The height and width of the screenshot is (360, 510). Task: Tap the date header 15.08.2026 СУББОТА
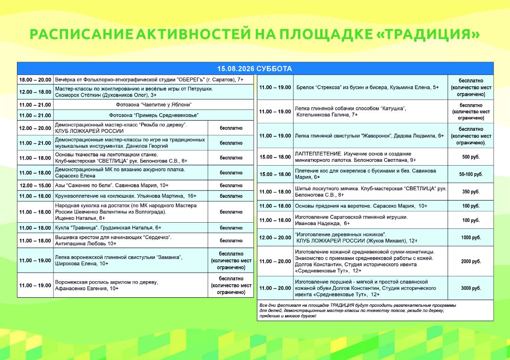point(255,69)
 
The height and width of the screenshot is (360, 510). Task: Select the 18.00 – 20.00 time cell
point(35,80)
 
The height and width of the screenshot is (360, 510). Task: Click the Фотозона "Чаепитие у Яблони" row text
point(154,105)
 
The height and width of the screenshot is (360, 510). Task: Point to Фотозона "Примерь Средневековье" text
point(154,115)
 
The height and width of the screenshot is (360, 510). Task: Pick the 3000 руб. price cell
point(471,288)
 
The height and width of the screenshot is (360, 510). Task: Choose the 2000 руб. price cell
point(471,261)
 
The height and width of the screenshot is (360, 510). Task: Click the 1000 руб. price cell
point(471,237)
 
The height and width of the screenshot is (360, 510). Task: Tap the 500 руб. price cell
point(471,157)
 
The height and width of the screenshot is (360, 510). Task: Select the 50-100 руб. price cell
point(471,175)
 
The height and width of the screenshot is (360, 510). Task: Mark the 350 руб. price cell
point(471,192)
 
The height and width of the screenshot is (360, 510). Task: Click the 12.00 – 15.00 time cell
point(35,185)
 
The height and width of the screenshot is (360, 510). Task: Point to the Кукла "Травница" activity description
point(108,228)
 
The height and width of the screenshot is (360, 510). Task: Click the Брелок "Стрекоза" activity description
point(367,87)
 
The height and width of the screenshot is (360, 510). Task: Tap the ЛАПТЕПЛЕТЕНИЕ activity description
point(356,157)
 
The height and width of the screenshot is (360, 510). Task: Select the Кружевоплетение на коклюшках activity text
point(126,196)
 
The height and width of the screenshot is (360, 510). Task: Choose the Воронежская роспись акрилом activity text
point(106,285)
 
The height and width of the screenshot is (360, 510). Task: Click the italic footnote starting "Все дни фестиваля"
point(358,310)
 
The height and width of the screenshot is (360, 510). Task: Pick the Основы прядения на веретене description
point(361,206)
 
